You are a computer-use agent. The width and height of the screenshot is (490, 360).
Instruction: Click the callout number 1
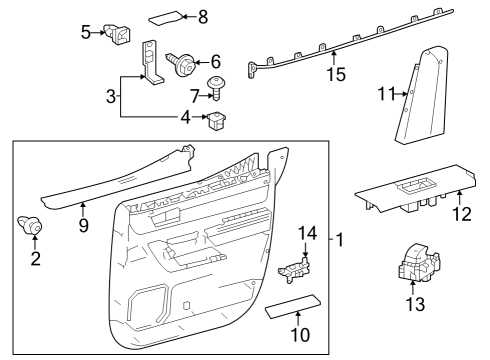[x=340, y=241]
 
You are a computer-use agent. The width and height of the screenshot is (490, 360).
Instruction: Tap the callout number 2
[x=36, y=260]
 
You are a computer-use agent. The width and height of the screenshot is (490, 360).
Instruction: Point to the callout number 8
[x=203, y=17]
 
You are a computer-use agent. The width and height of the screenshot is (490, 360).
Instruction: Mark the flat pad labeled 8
[x=166, y=17]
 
